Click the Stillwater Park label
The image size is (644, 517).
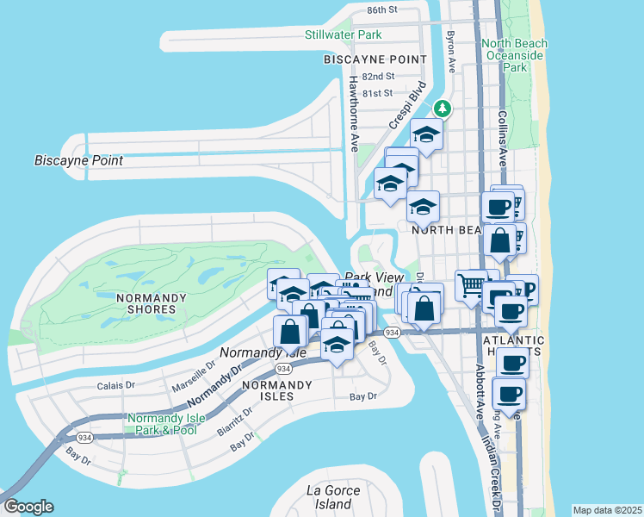point(343,34)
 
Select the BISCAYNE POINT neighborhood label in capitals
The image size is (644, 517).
point(375,59)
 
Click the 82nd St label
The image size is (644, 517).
point(377,76)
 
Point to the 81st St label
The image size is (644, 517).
point(377,92)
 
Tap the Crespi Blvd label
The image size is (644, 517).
point(407,105)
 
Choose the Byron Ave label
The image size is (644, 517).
point(450,51)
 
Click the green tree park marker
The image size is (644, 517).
point(442,109)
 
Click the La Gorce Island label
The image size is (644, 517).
point(330,497)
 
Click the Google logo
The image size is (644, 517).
point(28,507)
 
